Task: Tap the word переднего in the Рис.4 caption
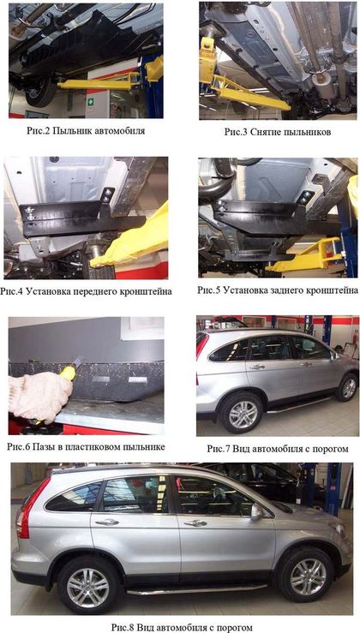(x=82, y=291)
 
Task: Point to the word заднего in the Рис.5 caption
(x=277, y=290)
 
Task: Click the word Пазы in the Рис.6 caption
(x=43, y=447)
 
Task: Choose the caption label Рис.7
(x=219, y=449)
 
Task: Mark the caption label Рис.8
(x=123, y=627)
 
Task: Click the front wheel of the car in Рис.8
(x=308, y=576)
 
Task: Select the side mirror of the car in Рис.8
(x=256, y=511)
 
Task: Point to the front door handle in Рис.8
(x=195, y=523)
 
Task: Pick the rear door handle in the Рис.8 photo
(x=106, y=523)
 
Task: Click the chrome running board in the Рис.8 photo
(x=197, y=589)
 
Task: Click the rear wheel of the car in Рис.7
(x=242, y=414)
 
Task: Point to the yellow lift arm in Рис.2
(x=105, y=81)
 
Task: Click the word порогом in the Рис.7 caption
(x=329, y=449)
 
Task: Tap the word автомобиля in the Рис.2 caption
(x=119, y=131)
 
